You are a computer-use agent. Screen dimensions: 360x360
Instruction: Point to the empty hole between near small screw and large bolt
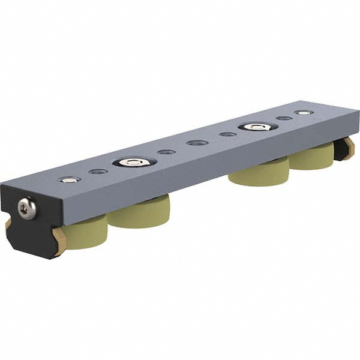(x=98, y=171)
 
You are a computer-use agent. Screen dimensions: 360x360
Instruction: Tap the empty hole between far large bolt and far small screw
(x=284, y=118)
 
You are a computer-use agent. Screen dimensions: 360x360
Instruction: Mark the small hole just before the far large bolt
(x=228, y=134)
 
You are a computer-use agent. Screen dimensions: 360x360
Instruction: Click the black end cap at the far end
(x=347, y=150)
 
